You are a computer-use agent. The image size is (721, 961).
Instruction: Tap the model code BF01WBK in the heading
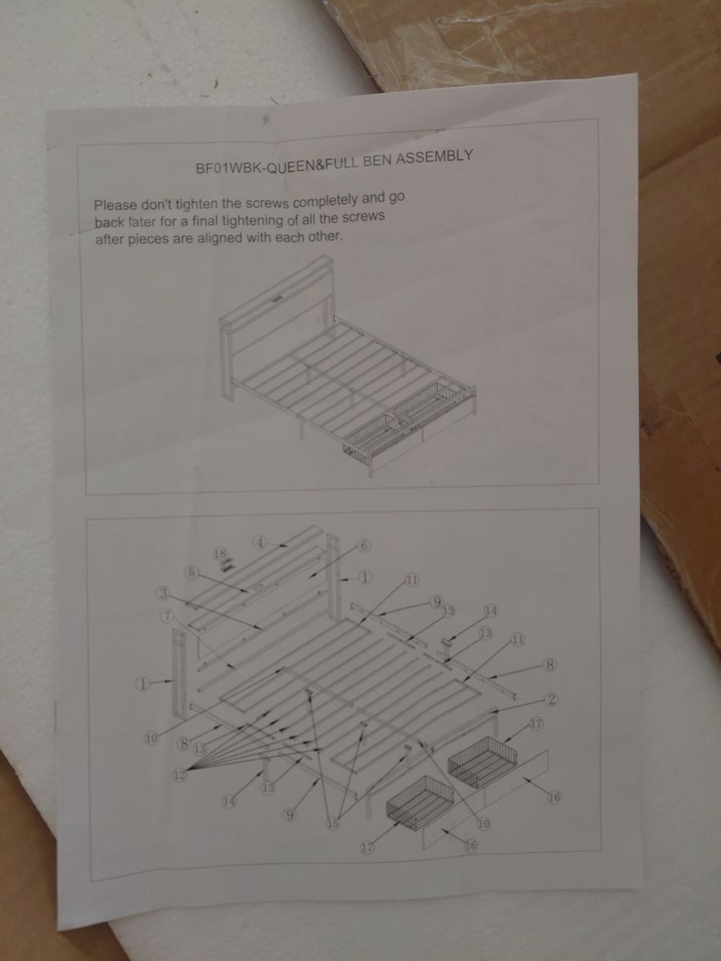228,168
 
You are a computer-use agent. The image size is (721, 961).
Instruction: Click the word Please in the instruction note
116,205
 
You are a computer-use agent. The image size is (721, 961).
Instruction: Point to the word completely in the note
328,201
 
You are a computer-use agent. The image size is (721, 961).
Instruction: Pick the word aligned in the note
219,239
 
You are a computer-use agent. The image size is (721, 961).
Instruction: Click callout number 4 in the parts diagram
260,543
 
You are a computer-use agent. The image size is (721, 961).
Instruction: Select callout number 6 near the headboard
365,545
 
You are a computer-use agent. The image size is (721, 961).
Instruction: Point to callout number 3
163,594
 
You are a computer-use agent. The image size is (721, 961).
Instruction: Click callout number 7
167,616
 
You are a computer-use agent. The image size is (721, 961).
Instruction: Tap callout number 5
191,572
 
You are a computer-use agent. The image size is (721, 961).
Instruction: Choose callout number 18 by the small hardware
219,554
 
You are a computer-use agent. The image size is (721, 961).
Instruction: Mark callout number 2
552,699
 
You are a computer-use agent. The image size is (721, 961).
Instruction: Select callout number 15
333,823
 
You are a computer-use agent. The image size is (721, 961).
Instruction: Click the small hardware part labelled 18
226,565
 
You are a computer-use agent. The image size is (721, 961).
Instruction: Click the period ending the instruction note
340,240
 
